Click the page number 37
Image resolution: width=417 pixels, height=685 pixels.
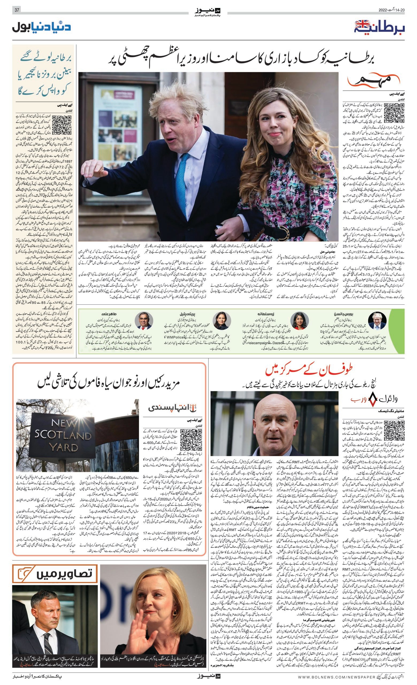click(17, 10)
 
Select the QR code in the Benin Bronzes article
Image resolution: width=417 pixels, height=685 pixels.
click(62, 125)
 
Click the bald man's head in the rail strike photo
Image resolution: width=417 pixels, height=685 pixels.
click(272, 417)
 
